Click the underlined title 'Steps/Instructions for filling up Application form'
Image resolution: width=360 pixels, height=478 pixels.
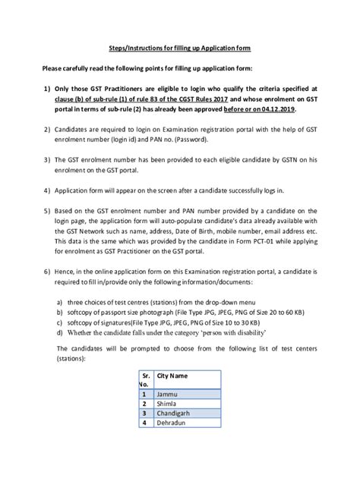coord(180,47)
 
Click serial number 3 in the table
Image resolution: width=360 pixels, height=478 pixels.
coord(143,415)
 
